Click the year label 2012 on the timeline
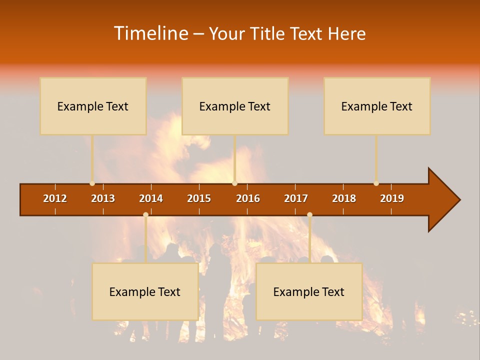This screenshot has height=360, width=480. [x=55, y=198]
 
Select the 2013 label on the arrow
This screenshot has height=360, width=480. [x=103, y=198]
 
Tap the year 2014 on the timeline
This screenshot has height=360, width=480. [x=151, y=198]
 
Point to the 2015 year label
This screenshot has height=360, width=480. [x=199, y=198]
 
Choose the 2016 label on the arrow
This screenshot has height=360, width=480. [x=248, y=198]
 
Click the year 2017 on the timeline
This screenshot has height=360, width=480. [x=296, y=198]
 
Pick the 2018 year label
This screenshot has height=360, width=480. [x=344, y=198]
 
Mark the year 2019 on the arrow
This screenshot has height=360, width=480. [x=392, y=198]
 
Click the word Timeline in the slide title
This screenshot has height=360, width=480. [x=150, y=33]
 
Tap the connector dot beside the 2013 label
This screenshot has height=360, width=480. [x=92, y=183]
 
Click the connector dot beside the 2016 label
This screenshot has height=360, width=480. [x=234, y=183]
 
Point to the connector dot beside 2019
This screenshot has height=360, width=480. [x=376, y=183]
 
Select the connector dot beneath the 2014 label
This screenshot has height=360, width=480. [x=145, y=215]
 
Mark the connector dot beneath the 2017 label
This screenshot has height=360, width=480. [x=309, y=215]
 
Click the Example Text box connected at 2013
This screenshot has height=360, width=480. [x=93, y=106]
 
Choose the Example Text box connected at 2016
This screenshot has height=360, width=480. [x=235, y=106]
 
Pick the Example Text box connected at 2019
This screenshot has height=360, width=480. [x=377, y=106]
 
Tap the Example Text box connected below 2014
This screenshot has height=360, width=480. [x=145, y=291]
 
